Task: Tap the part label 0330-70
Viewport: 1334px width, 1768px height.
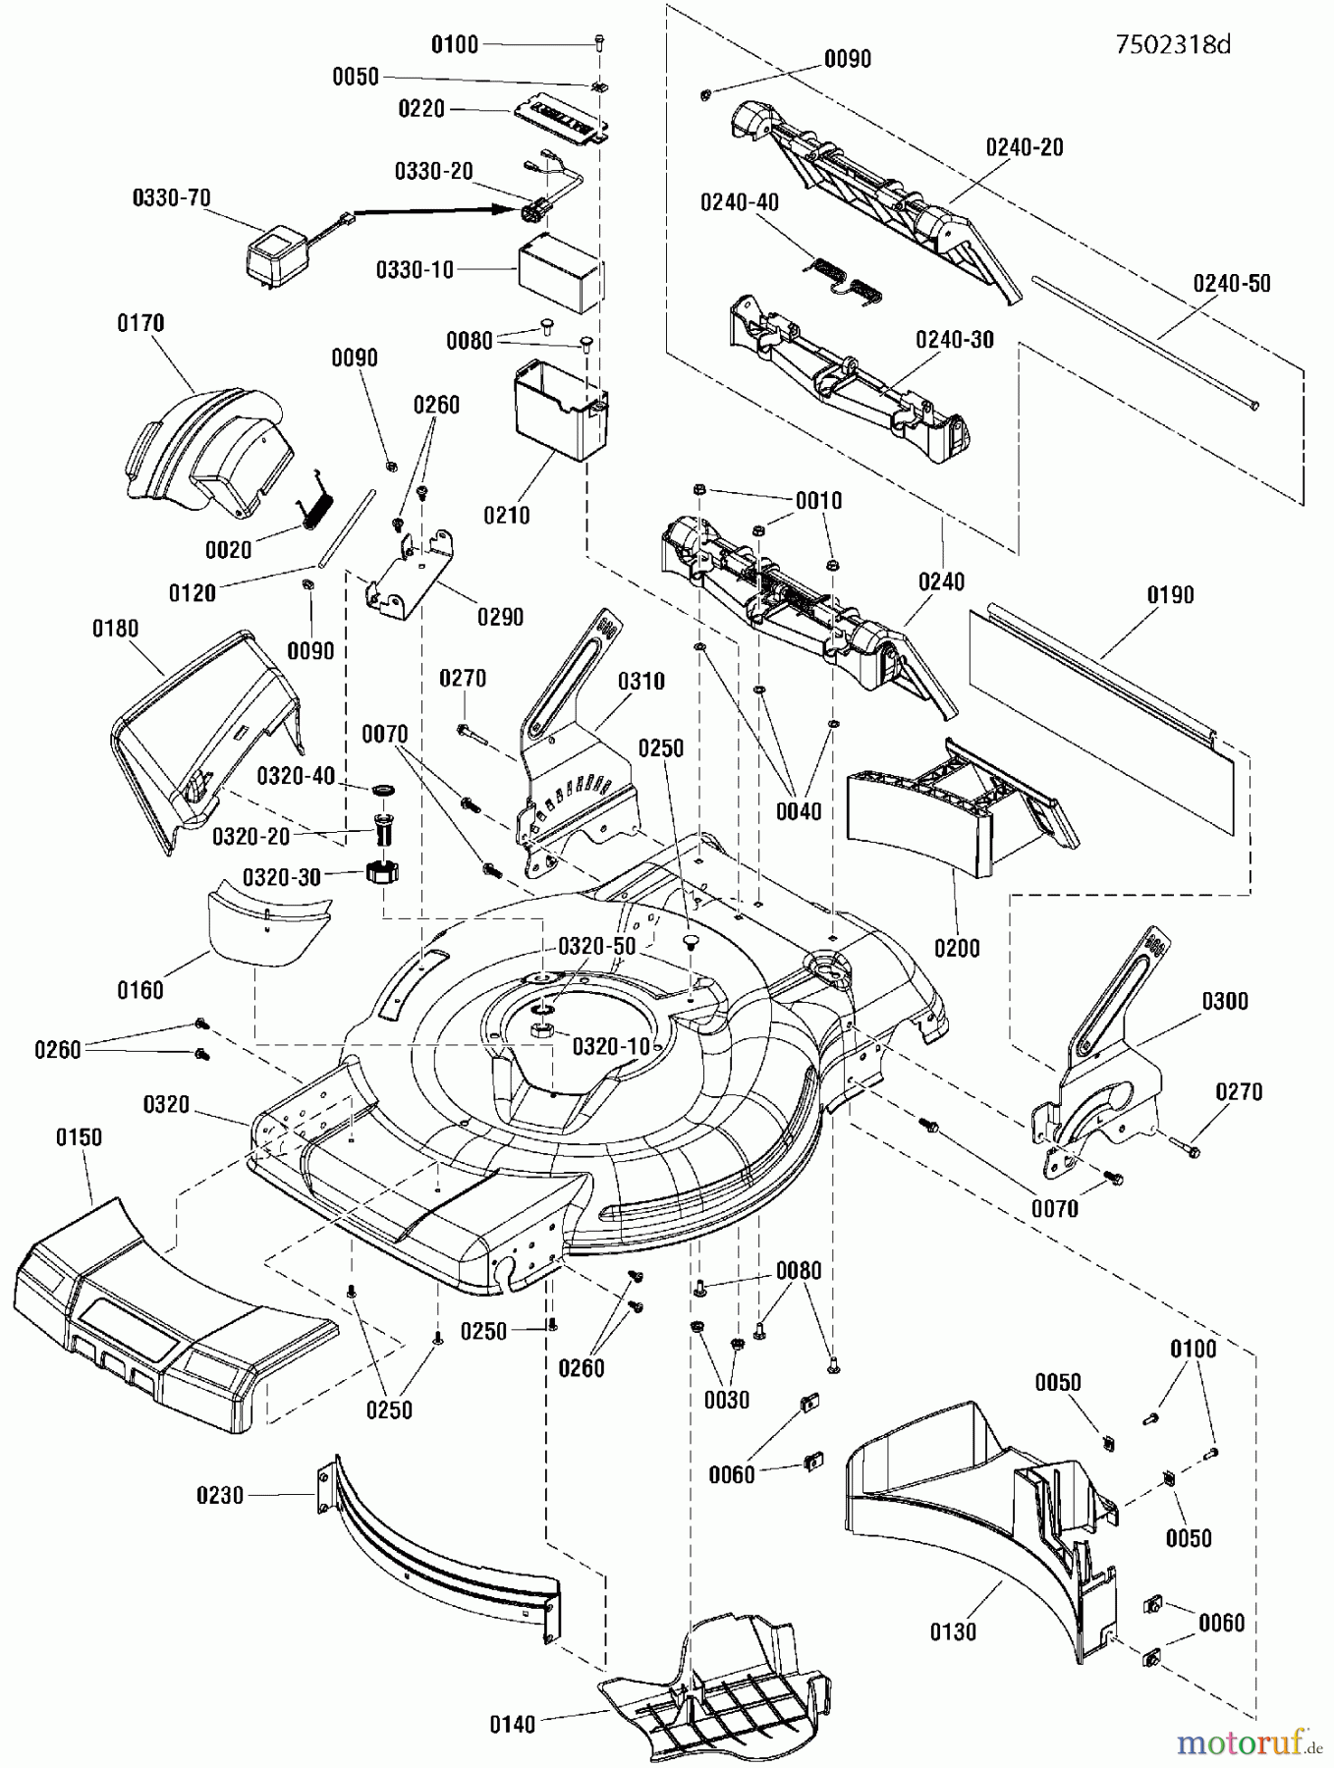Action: [171, 198]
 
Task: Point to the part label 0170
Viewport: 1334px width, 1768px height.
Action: [140, 323]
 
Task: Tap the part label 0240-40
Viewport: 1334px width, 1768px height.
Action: [739, 202]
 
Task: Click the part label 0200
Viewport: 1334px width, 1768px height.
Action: [957, 948]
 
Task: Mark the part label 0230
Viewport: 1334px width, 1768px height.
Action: [219, 1496]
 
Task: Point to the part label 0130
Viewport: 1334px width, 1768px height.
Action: [953, 1631]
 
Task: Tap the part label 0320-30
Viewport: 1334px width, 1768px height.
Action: [282, 877]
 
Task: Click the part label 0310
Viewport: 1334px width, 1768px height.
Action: [640, 681]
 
